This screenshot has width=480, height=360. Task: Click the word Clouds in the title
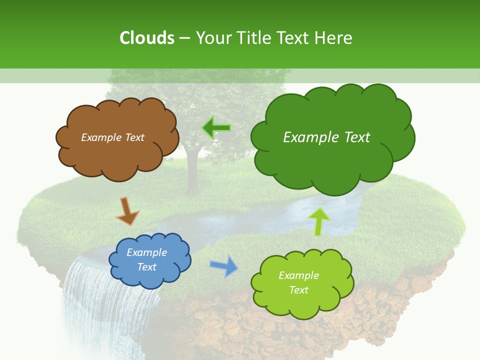147,38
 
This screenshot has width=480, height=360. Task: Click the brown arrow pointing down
127,210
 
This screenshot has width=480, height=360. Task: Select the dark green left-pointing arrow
216,128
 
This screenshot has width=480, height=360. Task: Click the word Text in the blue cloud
146,267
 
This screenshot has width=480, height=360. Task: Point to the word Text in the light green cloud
298,290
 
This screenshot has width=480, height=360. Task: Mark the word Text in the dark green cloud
356,137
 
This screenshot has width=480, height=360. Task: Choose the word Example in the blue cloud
146,252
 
